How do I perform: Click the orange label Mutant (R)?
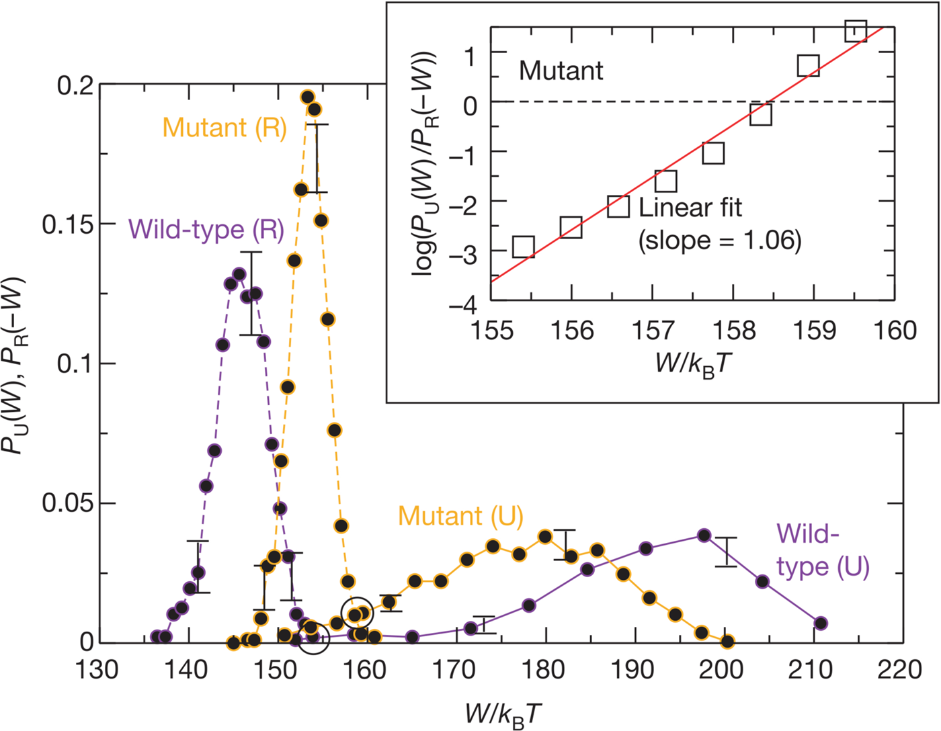click(224, 128)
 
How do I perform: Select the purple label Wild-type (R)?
click(206, 230)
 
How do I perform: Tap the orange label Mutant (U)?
click(460, 516)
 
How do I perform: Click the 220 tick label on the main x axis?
click(900, 670)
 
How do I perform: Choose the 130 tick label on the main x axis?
click(97, 670)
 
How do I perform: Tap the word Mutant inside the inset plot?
click(561, 71)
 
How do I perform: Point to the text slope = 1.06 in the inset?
click(720, 241)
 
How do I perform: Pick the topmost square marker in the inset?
click(855, 30)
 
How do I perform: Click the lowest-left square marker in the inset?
click(523, 247)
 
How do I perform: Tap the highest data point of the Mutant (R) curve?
click(308, 97)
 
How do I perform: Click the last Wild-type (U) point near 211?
click(821, 623)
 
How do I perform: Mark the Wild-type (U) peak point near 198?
click(704, 535)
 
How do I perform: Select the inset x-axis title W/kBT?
click(692, 363)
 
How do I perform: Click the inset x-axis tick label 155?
click(491, 331)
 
